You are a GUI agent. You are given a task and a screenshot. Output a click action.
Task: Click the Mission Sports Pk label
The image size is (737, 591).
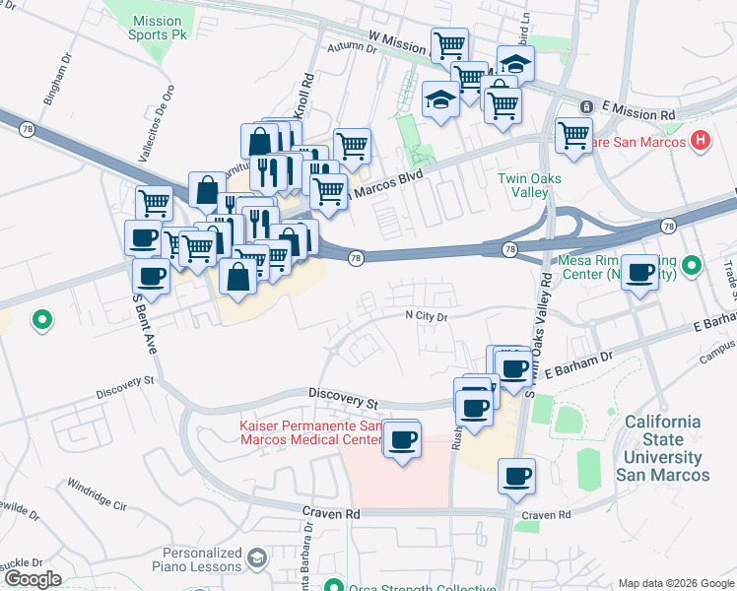156,28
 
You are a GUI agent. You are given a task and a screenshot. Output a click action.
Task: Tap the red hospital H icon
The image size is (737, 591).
701,141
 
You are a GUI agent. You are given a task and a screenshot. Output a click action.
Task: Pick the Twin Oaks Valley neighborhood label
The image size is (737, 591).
522,185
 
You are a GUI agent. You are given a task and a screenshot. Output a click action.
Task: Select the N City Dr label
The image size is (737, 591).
427,316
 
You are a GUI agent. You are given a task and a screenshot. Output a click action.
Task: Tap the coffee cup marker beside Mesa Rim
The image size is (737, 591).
640,272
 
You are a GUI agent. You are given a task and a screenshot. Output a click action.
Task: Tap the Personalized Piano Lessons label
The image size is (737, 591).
202,559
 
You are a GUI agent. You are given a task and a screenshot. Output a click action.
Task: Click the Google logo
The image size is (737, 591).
32,579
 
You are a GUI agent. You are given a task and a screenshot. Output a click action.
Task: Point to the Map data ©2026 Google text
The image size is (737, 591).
675,583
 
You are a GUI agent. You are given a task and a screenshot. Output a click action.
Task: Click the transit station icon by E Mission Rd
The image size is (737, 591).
585,106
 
